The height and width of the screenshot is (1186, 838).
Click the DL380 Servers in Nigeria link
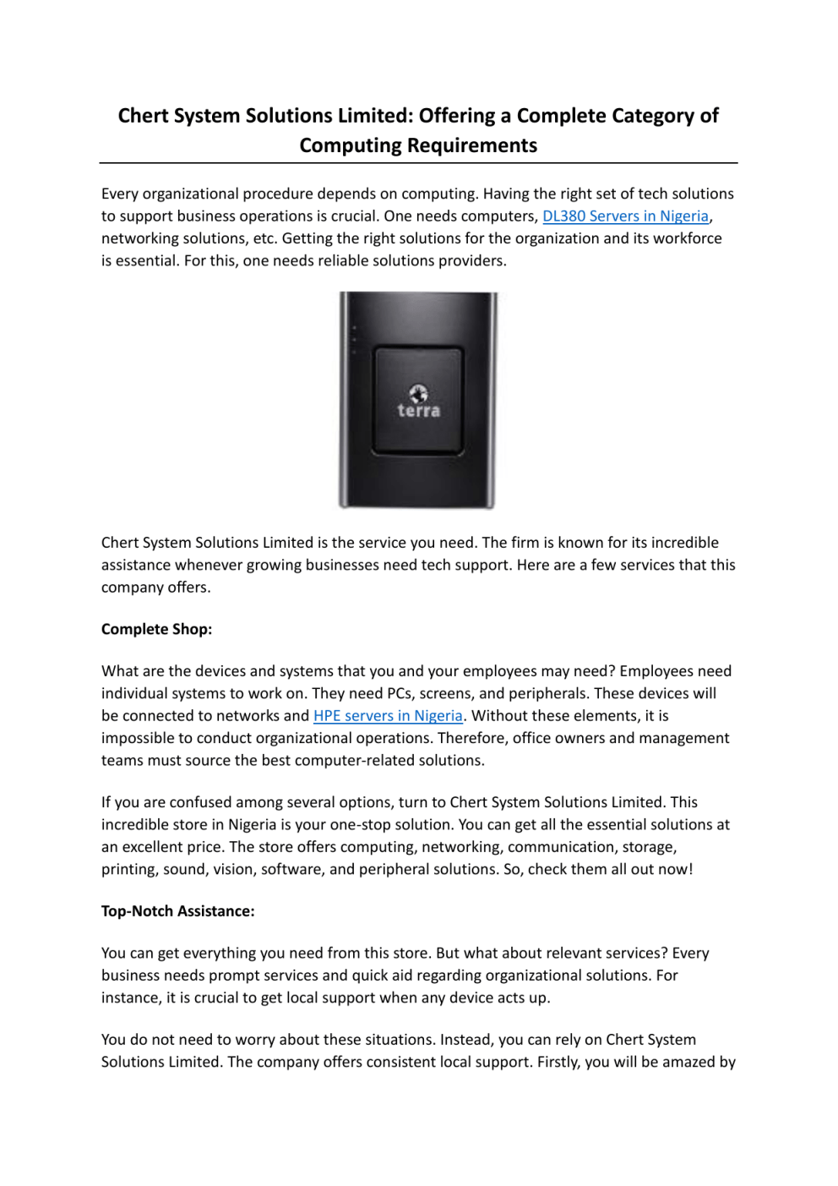625,216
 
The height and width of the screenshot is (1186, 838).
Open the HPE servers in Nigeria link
388,716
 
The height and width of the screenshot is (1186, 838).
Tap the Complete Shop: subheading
156,629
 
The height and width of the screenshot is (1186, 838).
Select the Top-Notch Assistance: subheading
177,911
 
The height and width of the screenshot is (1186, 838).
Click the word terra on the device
419,411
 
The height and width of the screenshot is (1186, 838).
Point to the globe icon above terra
418,393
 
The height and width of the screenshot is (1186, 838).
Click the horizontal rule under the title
418,163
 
